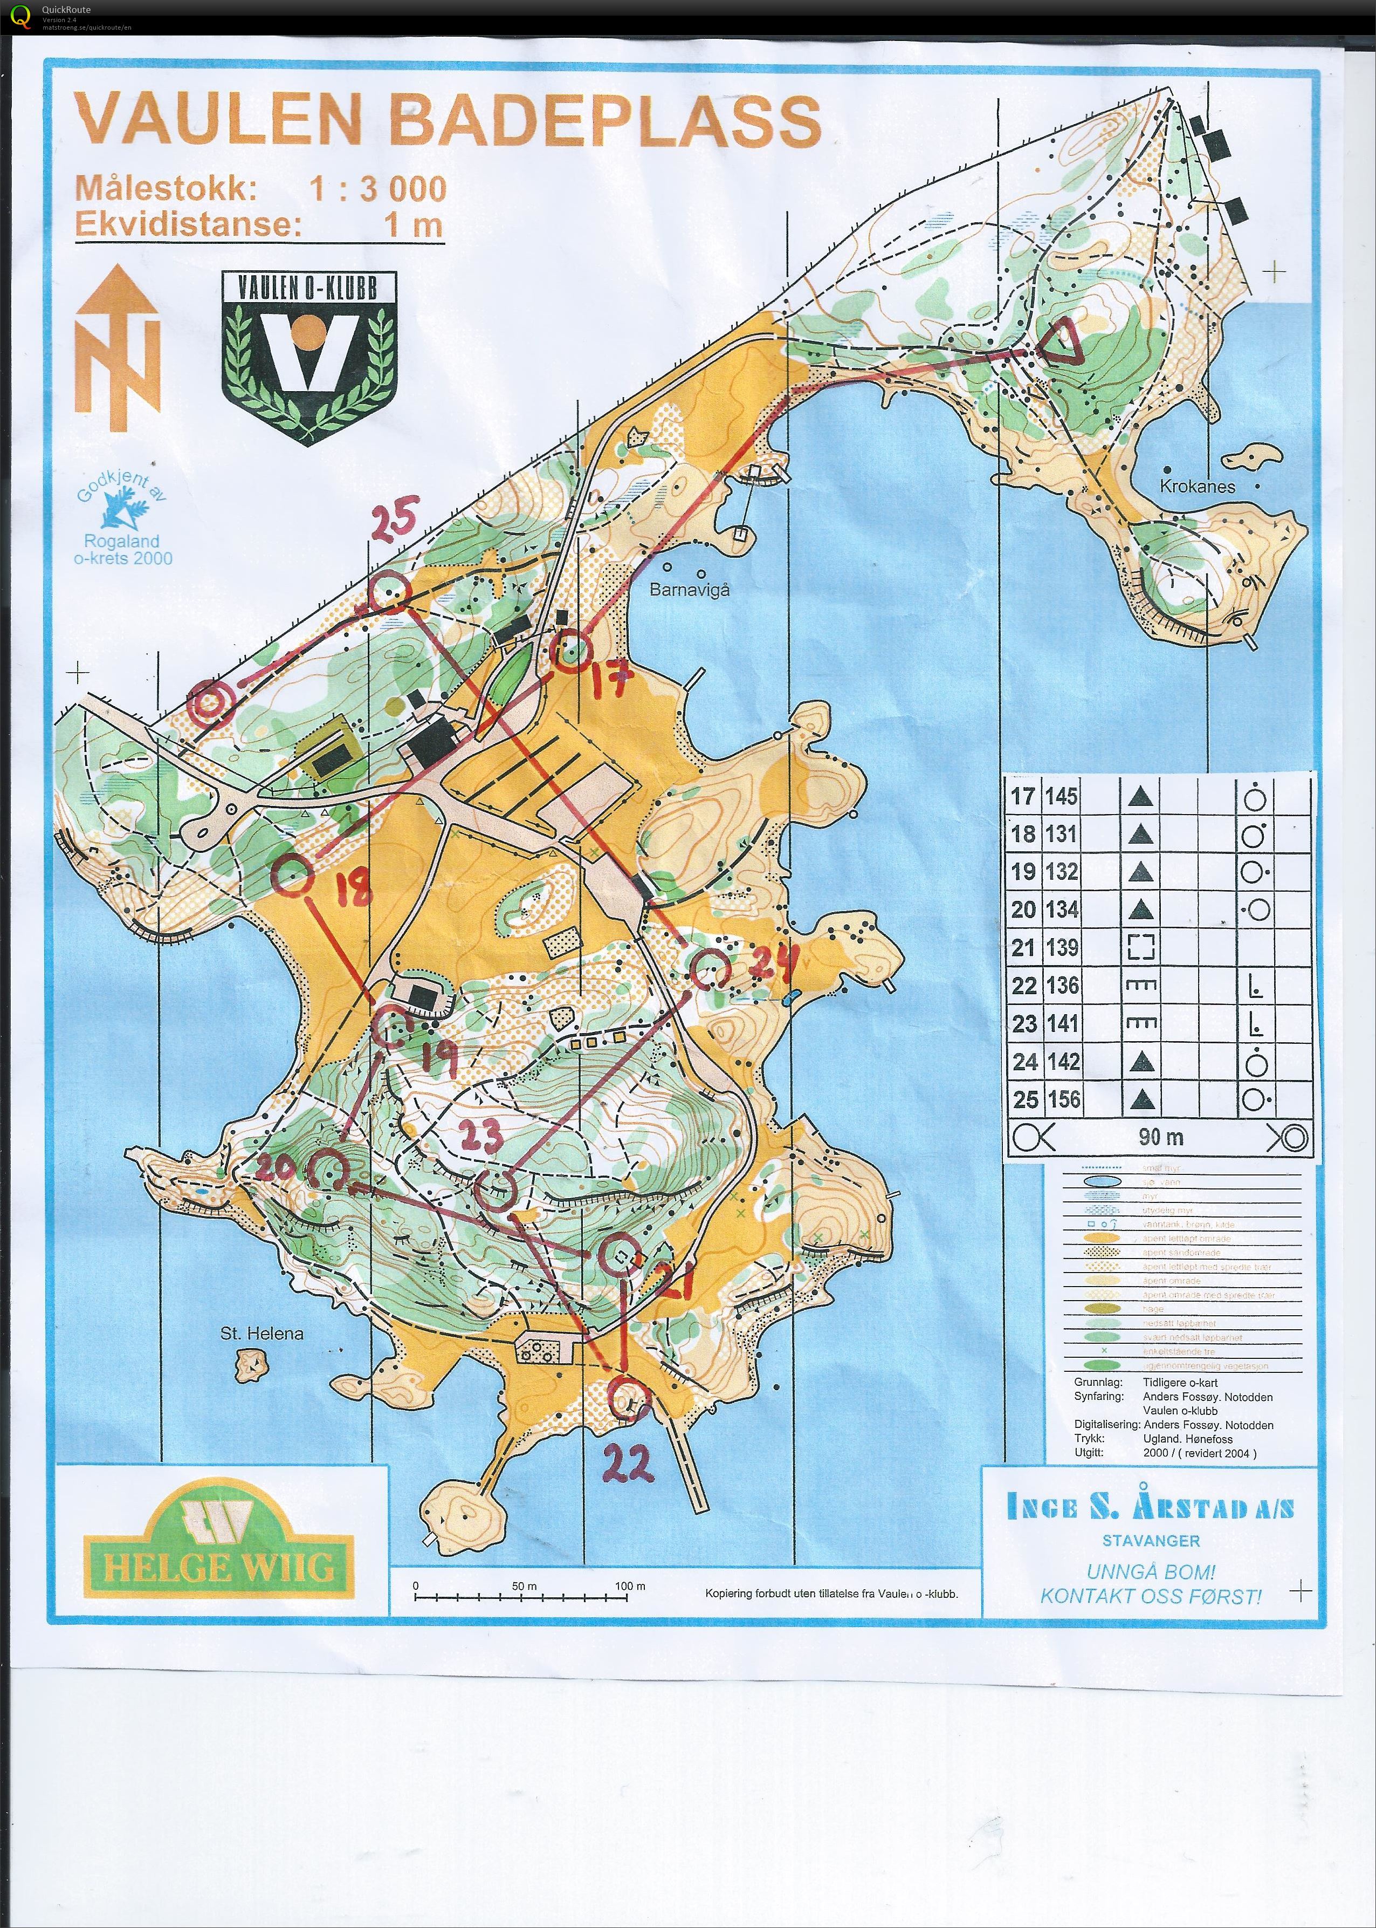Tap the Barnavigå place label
tap(689, 590)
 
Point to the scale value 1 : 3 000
tap(377, 188)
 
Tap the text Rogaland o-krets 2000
tap(123, 549)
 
